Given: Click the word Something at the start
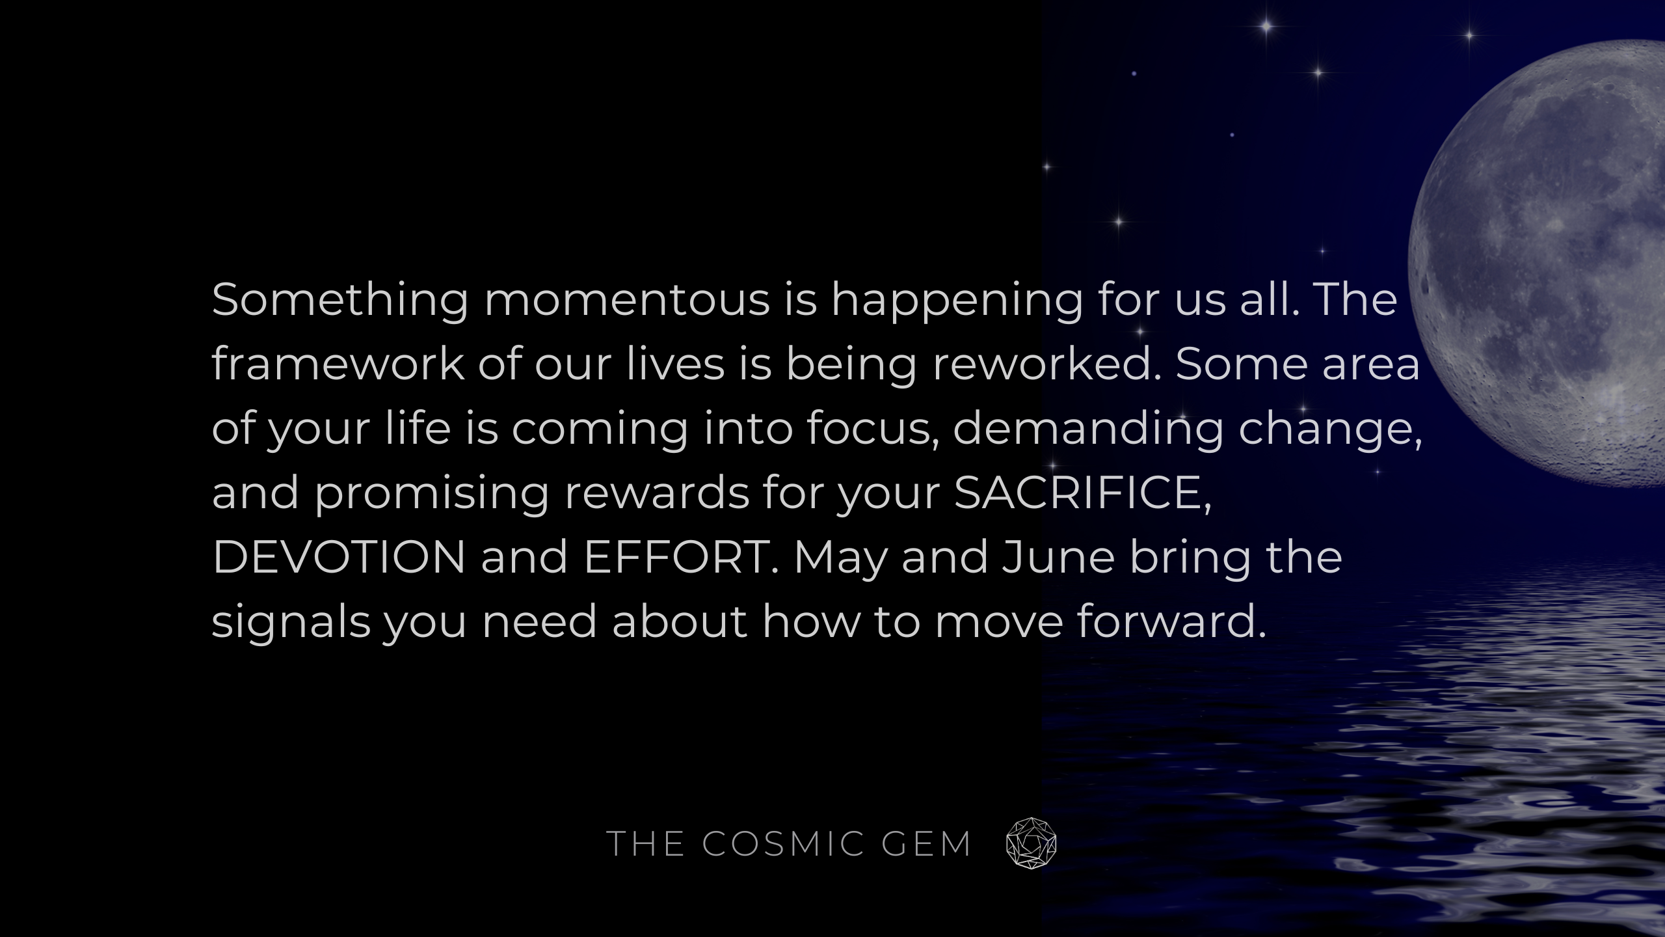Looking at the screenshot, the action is click(x=340, y=301).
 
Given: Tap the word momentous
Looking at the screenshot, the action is click(x=627, y=301).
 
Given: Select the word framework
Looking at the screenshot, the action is click(x=338, y=364).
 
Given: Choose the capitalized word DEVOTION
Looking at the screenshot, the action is click(x=339, y=557).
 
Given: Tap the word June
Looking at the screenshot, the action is click(x=1058, y=557).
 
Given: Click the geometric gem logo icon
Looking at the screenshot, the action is click(x=1031, y=843).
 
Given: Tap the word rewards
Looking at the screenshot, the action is click(x=656, y=493).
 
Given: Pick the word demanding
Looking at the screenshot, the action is click(x=1088, y=429).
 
